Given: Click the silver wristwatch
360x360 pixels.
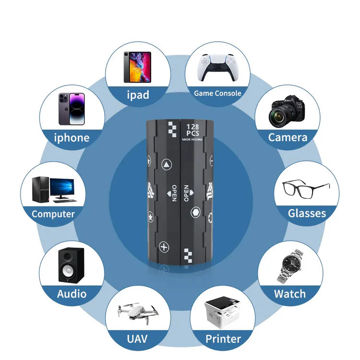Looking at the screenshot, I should pos(290,265).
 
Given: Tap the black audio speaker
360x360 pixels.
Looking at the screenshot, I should pos(71,265).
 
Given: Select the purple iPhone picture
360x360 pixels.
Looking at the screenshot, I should pos(72,109).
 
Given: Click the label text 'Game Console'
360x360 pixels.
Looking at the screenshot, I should pos(217,93).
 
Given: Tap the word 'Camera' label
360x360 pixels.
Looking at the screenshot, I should pos(288,137).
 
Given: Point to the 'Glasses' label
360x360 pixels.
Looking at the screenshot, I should pos(307,213).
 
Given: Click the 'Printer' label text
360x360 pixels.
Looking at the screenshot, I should pos(223,339).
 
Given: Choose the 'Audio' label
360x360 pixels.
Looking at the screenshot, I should pos(72,293).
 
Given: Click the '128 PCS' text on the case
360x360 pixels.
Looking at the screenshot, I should pos(192,130).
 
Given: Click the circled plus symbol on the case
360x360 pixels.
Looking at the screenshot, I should pos(165,248).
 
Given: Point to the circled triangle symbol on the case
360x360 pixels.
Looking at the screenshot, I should pos(166,164).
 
